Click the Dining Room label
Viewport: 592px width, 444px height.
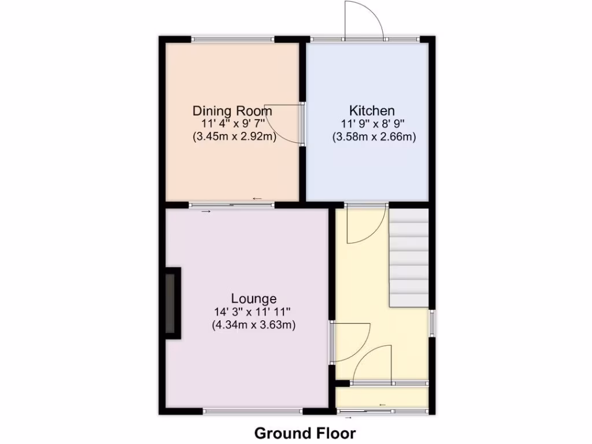pyautogui.click(x=232, y=110)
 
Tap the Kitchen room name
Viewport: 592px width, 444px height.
pyautogui.click(x=372, y=110)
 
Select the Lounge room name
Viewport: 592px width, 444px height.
pyautogui.click(x=253, y=299)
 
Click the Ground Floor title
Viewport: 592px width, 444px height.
pyautogui.click(x=305, y=432)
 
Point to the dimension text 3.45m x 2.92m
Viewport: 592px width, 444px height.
pyautogui.click(x=234, y=137)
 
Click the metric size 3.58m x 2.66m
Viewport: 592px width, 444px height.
pyautogui.click(x=374, y=137)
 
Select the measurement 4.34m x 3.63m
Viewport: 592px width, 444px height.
pyautogui.click(x=254, y=325)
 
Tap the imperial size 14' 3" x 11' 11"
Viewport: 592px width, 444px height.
pyautogui.click(x=254, y=312)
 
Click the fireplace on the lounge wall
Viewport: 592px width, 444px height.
pyautogui.click(x=173, y=304)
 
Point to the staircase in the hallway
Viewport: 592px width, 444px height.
pyautogui.click(x=409, y=257)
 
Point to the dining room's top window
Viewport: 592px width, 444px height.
pyautogui.click(x=233, y=39)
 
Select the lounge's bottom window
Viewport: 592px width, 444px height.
pyautogui.click(x=253, y=412)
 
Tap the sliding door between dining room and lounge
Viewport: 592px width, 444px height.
pyautogui.click(x=232, y=204)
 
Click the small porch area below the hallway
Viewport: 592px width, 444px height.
pyautogui.click(x=382, y=397)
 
